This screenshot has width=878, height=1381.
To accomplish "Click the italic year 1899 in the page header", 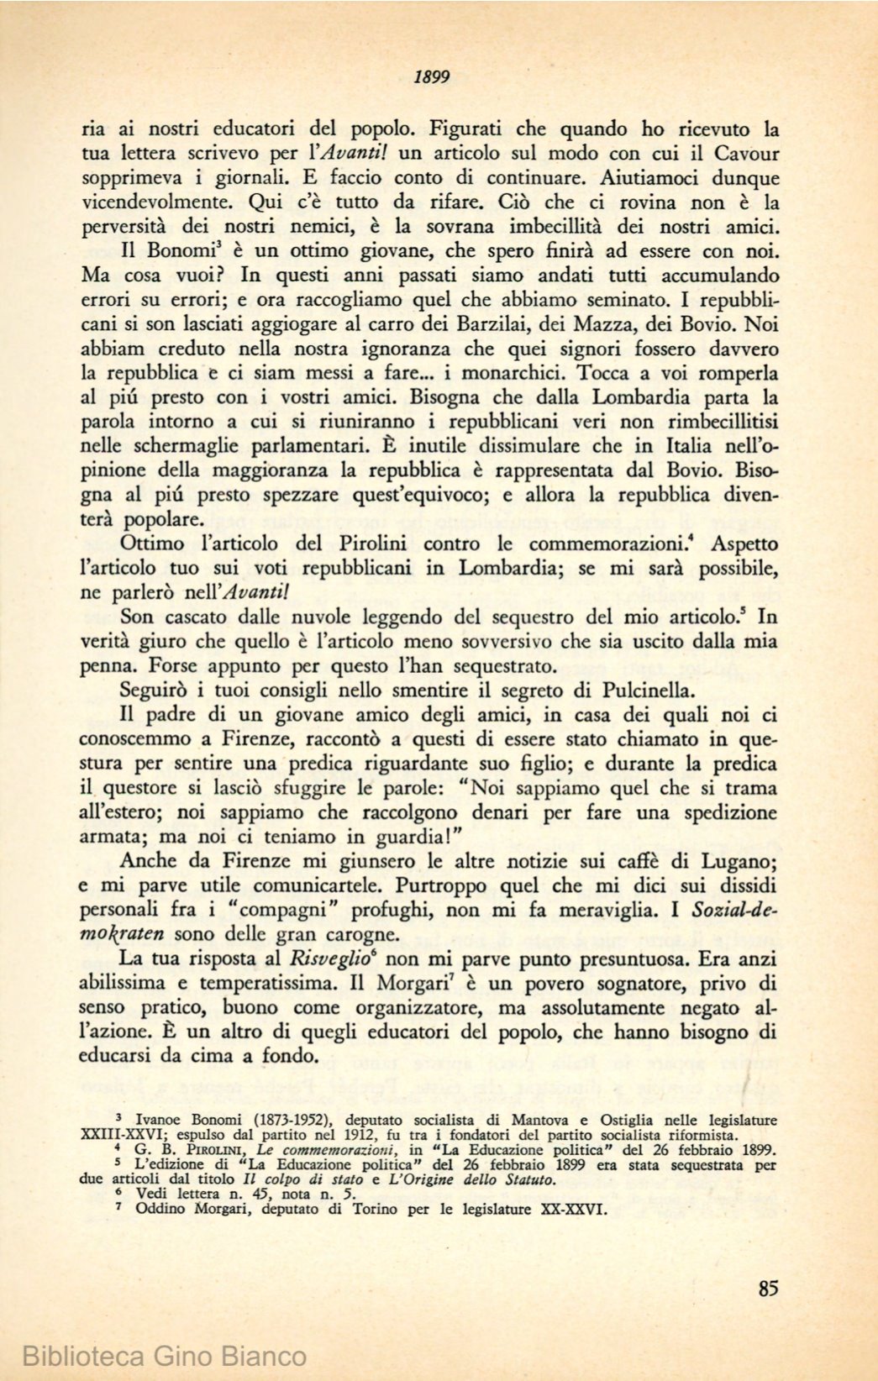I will pyautogui.click(x=433, y=77).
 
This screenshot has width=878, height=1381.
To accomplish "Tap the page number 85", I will pyautogui.click(x=767, y=1288).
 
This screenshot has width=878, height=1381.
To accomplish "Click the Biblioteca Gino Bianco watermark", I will pyautogui.click(x=165, y=1356).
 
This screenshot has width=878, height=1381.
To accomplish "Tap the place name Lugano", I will pyautogui.click(x=734, y=861).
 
